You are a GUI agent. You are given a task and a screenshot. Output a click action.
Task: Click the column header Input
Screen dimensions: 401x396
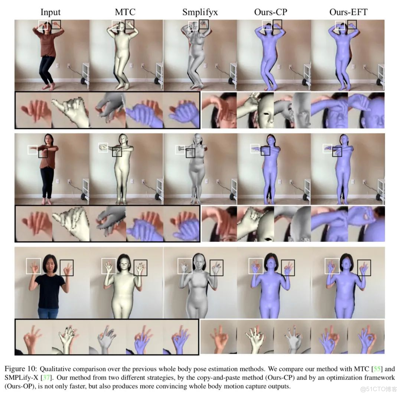click(50, 12)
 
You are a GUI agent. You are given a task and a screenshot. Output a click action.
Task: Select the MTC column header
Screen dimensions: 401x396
click(125, 12)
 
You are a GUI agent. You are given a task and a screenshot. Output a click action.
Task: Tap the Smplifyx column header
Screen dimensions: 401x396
click(200, 12)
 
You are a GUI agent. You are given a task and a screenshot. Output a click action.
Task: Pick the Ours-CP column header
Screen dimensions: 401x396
click(271, 12)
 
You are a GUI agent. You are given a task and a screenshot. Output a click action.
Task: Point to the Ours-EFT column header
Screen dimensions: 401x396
click(348, 12)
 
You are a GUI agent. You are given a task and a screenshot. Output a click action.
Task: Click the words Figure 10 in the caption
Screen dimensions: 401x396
click(21, 369)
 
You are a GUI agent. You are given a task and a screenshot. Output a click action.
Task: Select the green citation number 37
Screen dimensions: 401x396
click(47, 377)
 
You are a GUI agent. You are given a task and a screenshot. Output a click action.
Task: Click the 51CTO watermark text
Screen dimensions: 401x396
click(378, 389)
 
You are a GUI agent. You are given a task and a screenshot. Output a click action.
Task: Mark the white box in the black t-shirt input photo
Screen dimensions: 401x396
click(33, 266)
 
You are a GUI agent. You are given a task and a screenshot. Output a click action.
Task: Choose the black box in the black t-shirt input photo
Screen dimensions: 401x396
click(66, 268)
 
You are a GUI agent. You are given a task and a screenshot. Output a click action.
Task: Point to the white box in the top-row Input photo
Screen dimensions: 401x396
click(43, 25)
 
